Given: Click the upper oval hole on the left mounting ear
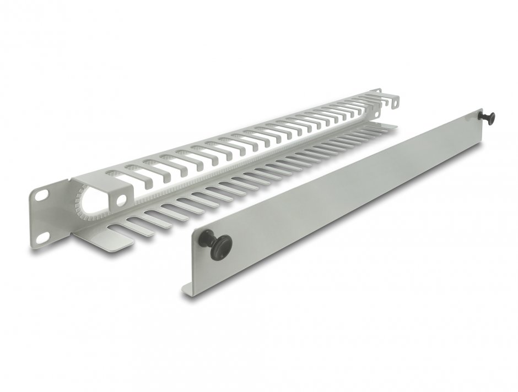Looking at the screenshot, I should [41, 195].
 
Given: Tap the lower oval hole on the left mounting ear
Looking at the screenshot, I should [42, 237].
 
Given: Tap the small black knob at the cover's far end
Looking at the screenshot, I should [488, 117].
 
